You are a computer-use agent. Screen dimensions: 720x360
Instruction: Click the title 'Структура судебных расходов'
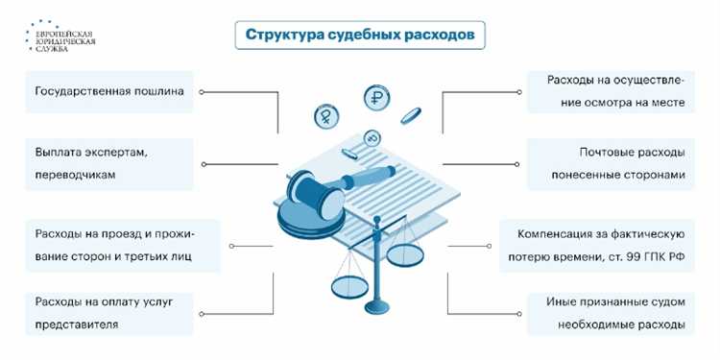(x=358, y=36)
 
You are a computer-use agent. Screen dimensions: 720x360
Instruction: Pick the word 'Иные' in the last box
(x=562, y=301)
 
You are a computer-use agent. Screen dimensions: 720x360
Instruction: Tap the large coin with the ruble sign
(x=375, y=98)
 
